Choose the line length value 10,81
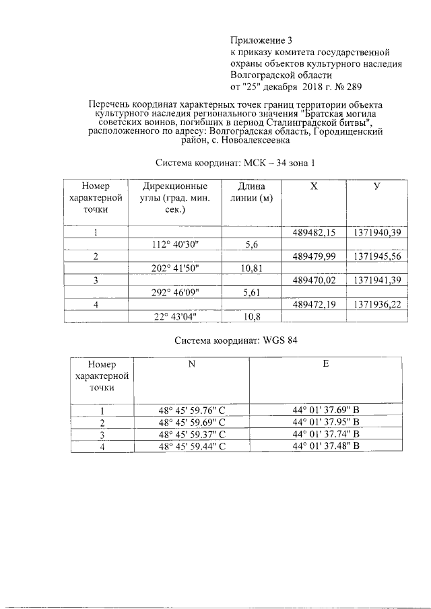252,268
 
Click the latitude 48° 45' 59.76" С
191,410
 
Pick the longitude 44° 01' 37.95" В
327,422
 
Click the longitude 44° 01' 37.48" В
327,445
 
